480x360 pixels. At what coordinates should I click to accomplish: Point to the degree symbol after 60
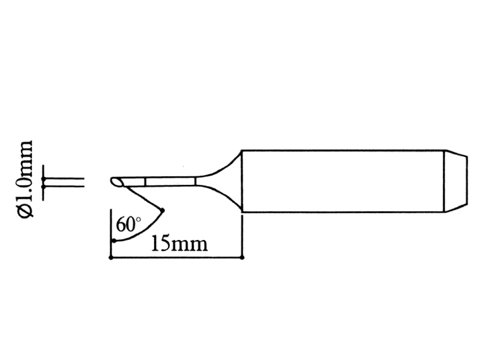click(138, 221)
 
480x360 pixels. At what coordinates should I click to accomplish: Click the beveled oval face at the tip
click(117, 181)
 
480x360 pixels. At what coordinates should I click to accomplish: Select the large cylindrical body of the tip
click(342, 181)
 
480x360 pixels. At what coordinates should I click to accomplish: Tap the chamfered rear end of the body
click(454, 181)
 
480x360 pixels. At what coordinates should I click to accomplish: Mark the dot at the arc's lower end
click(113, 241)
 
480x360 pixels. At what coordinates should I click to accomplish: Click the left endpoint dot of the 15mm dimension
click(111, 257)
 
